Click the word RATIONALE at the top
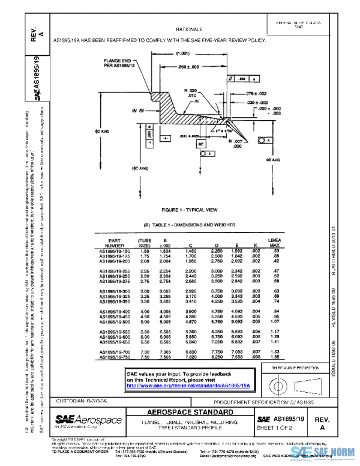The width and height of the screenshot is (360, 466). coord(188,29)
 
